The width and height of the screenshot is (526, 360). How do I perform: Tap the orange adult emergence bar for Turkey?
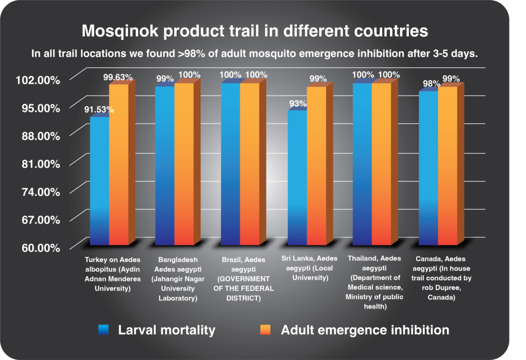point(119,164)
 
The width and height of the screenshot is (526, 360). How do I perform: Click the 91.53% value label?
point(98,109)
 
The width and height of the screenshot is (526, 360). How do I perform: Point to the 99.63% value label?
point(118,78)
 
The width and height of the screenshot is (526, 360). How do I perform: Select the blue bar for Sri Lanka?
point(297,177)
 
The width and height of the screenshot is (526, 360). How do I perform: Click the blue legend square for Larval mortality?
point(103,330)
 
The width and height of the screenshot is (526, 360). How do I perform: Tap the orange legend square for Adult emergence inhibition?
point(266,330)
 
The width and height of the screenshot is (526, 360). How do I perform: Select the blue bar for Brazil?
point(231,164)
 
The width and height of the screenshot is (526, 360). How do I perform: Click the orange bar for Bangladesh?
point(184,164)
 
